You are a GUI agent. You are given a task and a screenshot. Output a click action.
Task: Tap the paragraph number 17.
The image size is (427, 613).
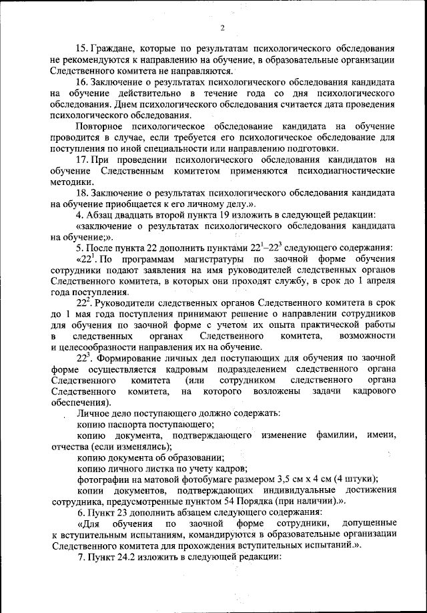83,160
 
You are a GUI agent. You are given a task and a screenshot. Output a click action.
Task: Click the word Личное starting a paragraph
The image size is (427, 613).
94,413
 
